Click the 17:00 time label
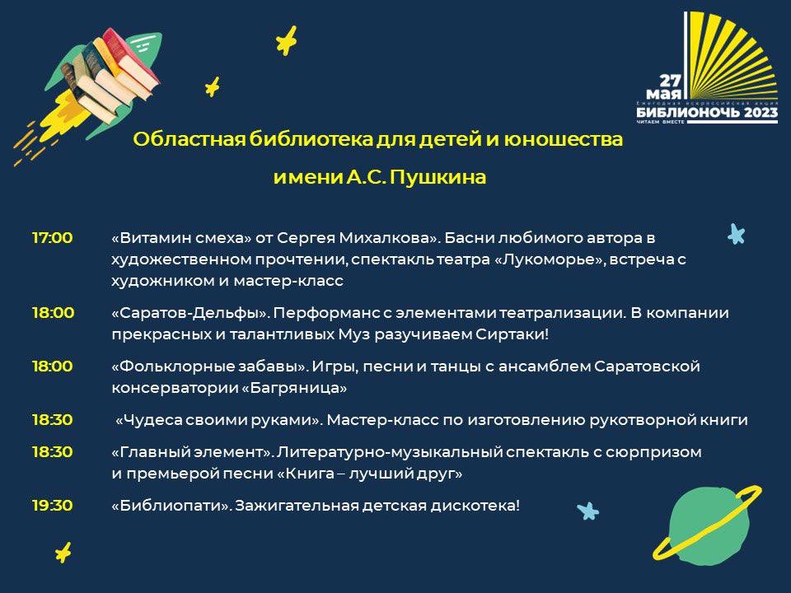click(x=53, y=237)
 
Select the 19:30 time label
click(x=53, y=505)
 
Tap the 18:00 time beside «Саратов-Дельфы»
click(x=53, y=313)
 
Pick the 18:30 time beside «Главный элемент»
click(x=53, y=451)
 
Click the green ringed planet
click(x=708, y=524)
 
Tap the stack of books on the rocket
click(x=115, y=75)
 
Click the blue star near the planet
click(x=587, y=511)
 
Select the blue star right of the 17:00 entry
click(x=737, y=234)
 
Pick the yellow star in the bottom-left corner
click(x=63, y=553)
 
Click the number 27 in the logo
click(x=671, y=81)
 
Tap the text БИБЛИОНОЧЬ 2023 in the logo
click(x=707, y=112)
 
